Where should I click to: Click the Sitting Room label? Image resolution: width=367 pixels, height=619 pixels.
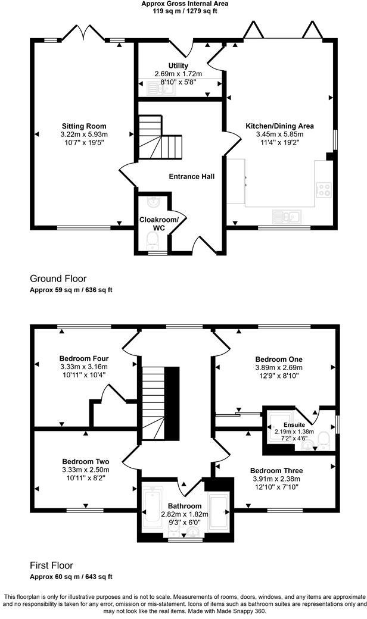[x=84, y=126]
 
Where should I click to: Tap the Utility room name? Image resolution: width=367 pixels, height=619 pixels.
[x=179, y=65]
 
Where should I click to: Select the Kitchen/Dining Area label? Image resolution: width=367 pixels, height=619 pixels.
[x=279, y=126]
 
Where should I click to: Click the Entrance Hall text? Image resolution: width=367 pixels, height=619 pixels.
[x=191, y=177]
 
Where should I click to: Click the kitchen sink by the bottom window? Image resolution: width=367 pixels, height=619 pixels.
[x=287, y=215]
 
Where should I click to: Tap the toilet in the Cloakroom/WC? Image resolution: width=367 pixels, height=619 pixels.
[x=153, y=240]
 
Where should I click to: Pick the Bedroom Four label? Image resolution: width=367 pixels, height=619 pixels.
[x=84, y=358]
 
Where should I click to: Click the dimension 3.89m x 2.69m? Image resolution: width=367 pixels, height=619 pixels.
[x=279, y=368]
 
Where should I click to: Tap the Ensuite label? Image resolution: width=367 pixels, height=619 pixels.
[x=284, y=426]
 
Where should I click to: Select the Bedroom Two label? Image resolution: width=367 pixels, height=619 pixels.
[x=85, y=461]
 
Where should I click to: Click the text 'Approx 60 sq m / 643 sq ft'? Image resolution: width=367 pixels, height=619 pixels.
[x=71, y=577]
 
